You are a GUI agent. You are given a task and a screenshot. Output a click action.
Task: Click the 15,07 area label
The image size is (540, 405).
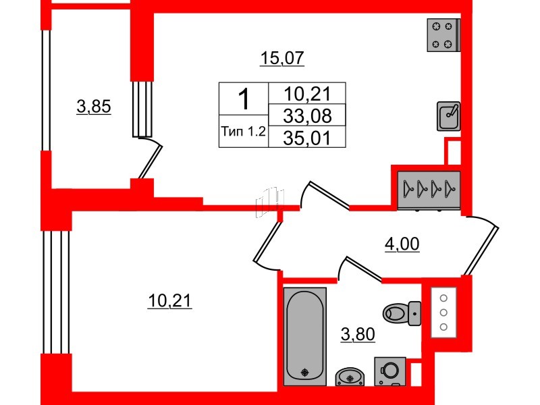pyautogui.click(x=282, y=58)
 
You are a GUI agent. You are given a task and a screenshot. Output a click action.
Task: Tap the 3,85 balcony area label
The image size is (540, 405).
pyautogui.click(x=94, y=107)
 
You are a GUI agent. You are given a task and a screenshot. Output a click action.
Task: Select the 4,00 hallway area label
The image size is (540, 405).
pyautogui.click(x=402, y=244)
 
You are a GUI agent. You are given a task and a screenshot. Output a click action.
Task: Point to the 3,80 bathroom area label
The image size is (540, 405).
pyautogui.click(x=358, y=334)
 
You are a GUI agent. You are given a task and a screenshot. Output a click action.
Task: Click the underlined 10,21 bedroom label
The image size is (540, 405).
pyautogui.click(x=169, y=300)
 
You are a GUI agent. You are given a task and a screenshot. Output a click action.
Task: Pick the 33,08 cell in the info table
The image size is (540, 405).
pyautogui.click(x=307, y=115)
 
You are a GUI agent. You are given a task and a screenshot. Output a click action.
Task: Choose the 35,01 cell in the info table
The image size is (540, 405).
pyautogui.click(x=307, y=138)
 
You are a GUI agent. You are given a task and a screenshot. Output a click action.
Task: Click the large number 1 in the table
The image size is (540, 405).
pyautogui.click(x=244, y=99)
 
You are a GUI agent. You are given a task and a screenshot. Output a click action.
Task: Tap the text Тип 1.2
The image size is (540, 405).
pyautogui.click(x=244, y=131)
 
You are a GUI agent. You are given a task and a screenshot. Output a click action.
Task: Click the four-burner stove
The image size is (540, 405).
pyautogui.click(x=443, y=35)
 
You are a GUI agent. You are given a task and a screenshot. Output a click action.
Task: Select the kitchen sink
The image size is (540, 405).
pyautogui.click(x=449, y=116)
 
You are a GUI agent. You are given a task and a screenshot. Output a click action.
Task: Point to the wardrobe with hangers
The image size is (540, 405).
pyautogui.click(x=429, y=190)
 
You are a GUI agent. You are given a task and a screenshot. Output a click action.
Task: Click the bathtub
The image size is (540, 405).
pyautogui.click(x=305, y=336)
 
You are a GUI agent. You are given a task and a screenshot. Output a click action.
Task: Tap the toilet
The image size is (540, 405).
pyautogui.click(x=402, y=313)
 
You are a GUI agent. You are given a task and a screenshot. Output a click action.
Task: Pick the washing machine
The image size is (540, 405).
pyautogui.click(x=390, y=371)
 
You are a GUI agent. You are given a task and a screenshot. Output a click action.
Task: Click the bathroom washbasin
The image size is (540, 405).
pyautogui.click(x=350, y=377)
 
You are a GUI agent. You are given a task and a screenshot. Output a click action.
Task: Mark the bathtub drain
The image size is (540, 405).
pyautogui.click(x=305, y=373)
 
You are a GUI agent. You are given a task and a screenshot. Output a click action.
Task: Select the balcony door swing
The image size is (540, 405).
pyautogui.click(x=147, y=158)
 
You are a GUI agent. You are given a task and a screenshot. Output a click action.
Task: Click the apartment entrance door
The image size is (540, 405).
pyautogui.click(x=480, y=246)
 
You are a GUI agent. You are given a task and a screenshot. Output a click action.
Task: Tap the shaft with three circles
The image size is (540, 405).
pyautogui.click(x=443, y=313)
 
